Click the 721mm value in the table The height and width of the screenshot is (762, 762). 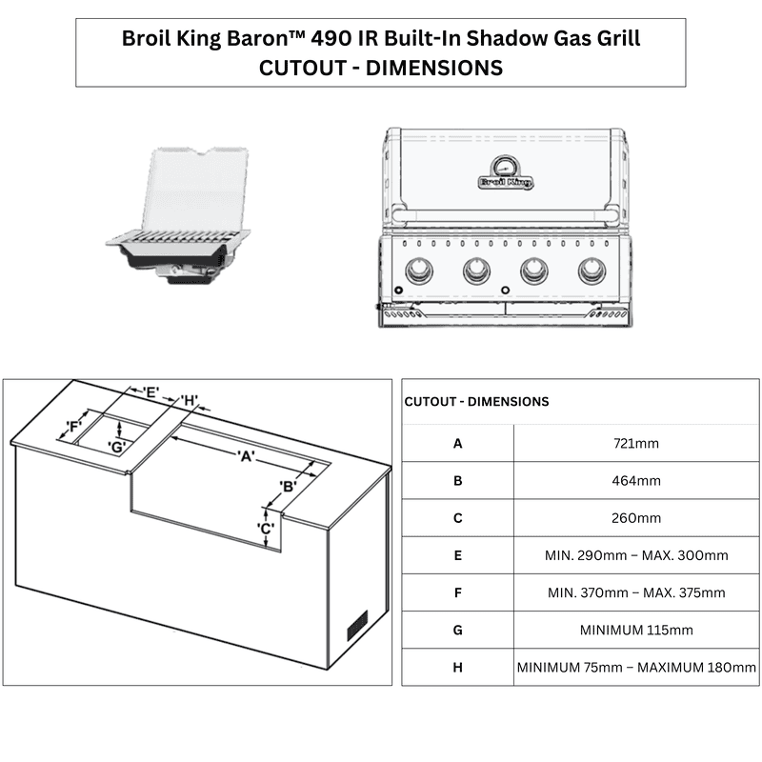[x=636, y=443]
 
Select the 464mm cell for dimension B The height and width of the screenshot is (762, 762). [x=636, y=481]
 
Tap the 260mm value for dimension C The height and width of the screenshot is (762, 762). [x=636, y=518]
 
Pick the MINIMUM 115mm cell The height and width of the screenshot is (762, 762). [x=636, y=631]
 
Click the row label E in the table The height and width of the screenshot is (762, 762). [x=457, y=555]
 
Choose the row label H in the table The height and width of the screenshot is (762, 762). [x=457, y=668]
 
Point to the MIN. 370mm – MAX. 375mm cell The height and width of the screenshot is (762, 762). [x=636, y=592]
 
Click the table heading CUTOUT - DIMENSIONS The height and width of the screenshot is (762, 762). [x=476, y=402]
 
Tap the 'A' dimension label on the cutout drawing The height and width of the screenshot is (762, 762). [x=246, y=456]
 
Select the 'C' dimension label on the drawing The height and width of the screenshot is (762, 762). [x=267, y=528]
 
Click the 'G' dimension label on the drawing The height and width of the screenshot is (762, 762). [x=117, y=447]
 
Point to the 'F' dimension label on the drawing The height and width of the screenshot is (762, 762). [x=72, y=426]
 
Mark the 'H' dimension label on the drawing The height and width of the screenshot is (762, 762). [x=190, y=399]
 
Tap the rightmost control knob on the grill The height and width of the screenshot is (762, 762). [x=591, y=272]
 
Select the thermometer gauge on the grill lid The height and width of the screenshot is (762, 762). [x=505, y=161]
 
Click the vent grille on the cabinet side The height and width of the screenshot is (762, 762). [x=357, y=625]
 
